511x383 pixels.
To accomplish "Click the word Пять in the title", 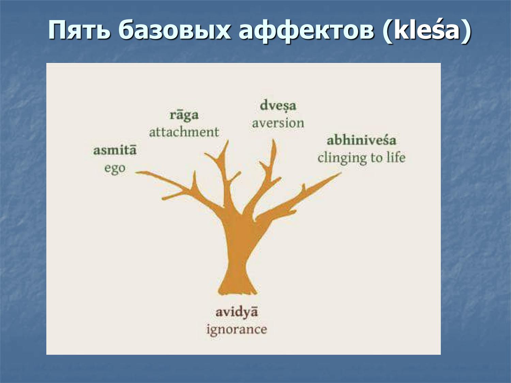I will click(79, 30).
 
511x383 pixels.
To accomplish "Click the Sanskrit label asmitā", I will click(115, 150).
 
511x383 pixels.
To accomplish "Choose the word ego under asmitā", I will click(115, 169).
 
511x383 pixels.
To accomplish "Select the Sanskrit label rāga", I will click(184, 115).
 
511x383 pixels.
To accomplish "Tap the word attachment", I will click(184, 132).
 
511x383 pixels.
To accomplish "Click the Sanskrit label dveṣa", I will click(278, 106).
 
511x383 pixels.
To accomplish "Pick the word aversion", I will click(278, 123).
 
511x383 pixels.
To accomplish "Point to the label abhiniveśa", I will click(361, 140).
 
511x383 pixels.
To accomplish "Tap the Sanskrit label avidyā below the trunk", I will click(236, 312).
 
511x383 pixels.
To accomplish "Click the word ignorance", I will click(236, 330).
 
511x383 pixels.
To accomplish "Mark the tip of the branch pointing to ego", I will click(137, 173).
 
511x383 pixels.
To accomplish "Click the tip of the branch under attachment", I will click(227, 141).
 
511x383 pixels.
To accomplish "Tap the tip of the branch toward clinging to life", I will click(340, 173).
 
